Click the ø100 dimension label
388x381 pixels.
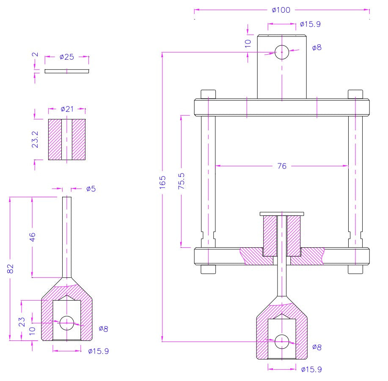281,10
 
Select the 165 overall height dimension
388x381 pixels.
162,182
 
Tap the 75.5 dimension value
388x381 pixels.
182,181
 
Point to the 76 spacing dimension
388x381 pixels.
282,166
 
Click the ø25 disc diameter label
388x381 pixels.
67,57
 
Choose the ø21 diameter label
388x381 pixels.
67,109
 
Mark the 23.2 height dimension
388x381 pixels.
35,139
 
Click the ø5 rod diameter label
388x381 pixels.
91,189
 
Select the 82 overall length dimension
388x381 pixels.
10,269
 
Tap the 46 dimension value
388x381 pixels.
33,237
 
